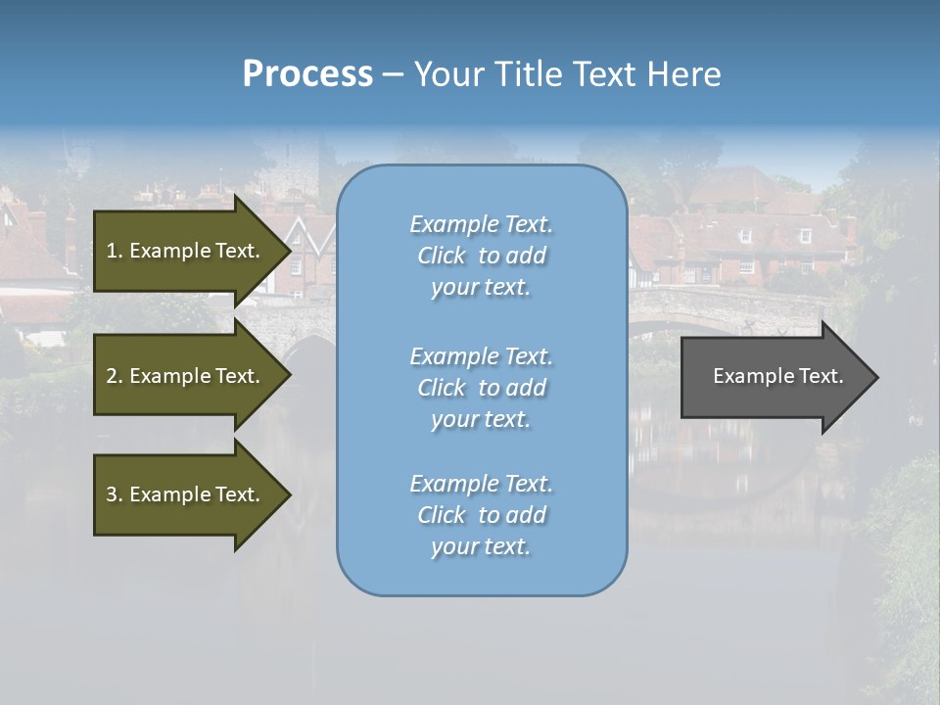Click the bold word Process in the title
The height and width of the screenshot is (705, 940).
coord(307,74)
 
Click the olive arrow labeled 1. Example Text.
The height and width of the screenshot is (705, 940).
coord(186,251)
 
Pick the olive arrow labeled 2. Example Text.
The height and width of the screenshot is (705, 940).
coord(186,376)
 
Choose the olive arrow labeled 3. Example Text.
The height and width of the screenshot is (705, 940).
coord(186,494)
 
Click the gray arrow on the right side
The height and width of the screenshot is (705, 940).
coord(774,377)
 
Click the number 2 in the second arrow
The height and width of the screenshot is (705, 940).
coord(112,376)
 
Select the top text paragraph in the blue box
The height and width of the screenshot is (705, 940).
coord(481,256)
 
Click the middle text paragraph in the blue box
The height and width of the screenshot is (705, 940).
coord(481,388)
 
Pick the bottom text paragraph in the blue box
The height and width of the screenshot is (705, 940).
coord(481,515)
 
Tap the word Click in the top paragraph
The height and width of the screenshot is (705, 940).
coord(442,256)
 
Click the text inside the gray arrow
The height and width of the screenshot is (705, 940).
coord(777,376)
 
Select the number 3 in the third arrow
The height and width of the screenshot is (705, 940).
coord(112,494)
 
